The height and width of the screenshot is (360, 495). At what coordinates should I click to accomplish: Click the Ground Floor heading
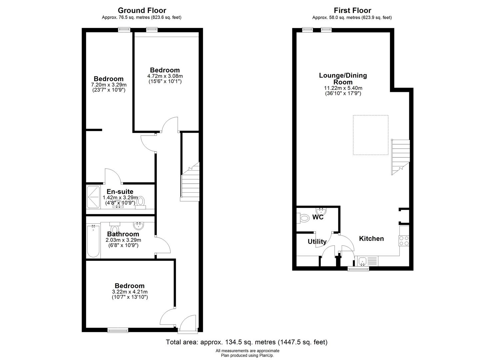pos(142,10)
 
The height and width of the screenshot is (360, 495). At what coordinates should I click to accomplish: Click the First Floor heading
pos(352,10)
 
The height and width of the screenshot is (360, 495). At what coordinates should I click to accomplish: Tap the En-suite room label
pos(120,191)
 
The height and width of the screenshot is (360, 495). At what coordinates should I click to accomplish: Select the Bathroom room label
pos(123,234)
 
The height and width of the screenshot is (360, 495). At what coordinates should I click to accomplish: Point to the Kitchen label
pos(371,238)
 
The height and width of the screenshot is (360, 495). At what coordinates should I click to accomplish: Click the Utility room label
pos(317,242)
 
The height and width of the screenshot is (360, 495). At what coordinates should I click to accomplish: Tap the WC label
pos(318,217)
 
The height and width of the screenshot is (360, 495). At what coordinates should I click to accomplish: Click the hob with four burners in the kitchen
pos(404,241)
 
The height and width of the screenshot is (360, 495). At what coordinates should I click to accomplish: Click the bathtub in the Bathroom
pos(93,241)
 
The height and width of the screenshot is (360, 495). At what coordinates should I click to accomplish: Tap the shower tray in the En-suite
pos(93,197)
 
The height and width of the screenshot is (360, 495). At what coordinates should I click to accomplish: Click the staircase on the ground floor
pos(190,182)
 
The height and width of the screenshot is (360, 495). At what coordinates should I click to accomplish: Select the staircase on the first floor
pos(400,157)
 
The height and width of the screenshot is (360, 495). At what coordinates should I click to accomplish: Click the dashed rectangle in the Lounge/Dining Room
pos(371,135)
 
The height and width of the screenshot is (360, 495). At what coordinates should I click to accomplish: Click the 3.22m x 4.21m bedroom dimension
pos(130,292)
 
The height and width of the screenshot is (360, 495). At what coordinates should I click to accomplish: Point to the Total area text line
pos(247,342)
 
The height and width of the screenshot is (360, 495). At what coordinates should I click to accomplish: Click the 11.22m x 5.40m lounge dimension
pos(343,88)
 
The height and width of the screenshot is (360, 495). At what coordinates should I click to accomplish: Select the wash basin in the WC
pos(321,211)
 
